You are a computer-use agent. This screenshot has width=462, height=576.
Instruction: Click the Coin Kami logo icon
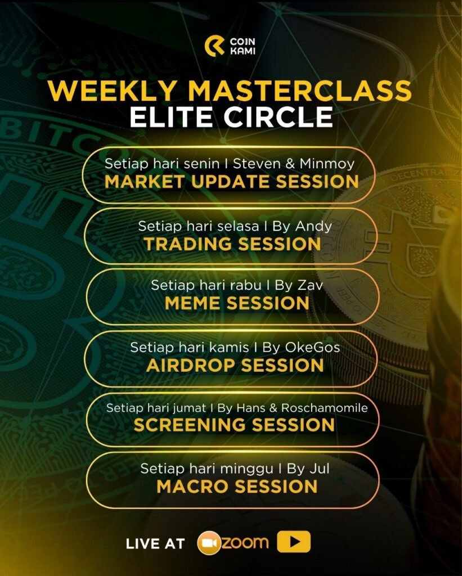pyautogui.click(x=214, y=46)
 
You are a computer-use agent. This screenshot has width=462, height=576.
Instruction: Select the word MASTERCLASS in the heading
pyautogui.click(x=300, y=91)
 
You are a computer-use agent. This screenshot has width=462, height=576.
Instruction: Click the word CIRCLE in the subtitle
pyautogui.click(x=278, y=117)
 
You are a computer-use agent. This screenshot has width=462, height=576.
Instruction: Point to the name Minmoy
pyautogui.click(x=327, y=164)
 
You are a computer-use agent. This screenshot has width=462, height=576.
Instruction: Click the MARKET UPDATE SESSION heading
pyautogui.click(x=231, y=182)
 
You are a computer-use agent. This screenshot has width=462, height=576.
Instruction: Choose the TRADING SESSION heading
pyautogui.click(x=232, y=244)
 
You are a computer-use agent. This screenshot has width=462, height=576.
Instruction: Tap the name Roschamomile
pyautogui.click(x=325, y=408)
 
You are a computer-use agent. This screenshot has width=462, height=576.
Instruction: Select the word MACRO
pyautogui.click(x=193, y=487)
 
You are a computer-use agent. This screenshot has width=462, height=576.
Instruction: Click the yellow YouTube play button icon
pyautogui.click(x=294, y=542)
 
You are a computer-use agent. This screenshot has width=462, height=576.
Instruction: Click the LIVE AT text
pyautogui.click(x=155, y=544)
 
